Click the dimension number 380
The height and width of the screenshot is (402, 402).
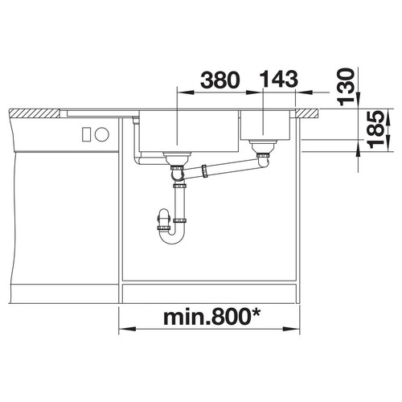[x=219, y=80]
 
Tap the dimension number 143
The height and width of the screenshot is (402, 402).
[x=279, y=79]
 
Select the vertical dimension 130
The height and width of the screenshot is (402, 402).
[x=345, y=86]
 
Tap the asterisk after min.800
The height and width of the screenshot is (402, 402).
[x=255, y=313]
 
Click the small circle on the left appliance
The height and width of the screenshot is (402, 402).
[x=102, y=134]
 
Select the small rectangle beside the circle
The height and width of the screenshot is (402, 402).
[x=87, y=134]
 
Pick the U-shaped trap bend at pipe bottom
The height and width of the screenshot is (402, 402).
[x=172, y=237]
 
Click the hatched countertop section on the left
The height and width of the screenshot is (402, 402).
[x=35, y=113]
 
